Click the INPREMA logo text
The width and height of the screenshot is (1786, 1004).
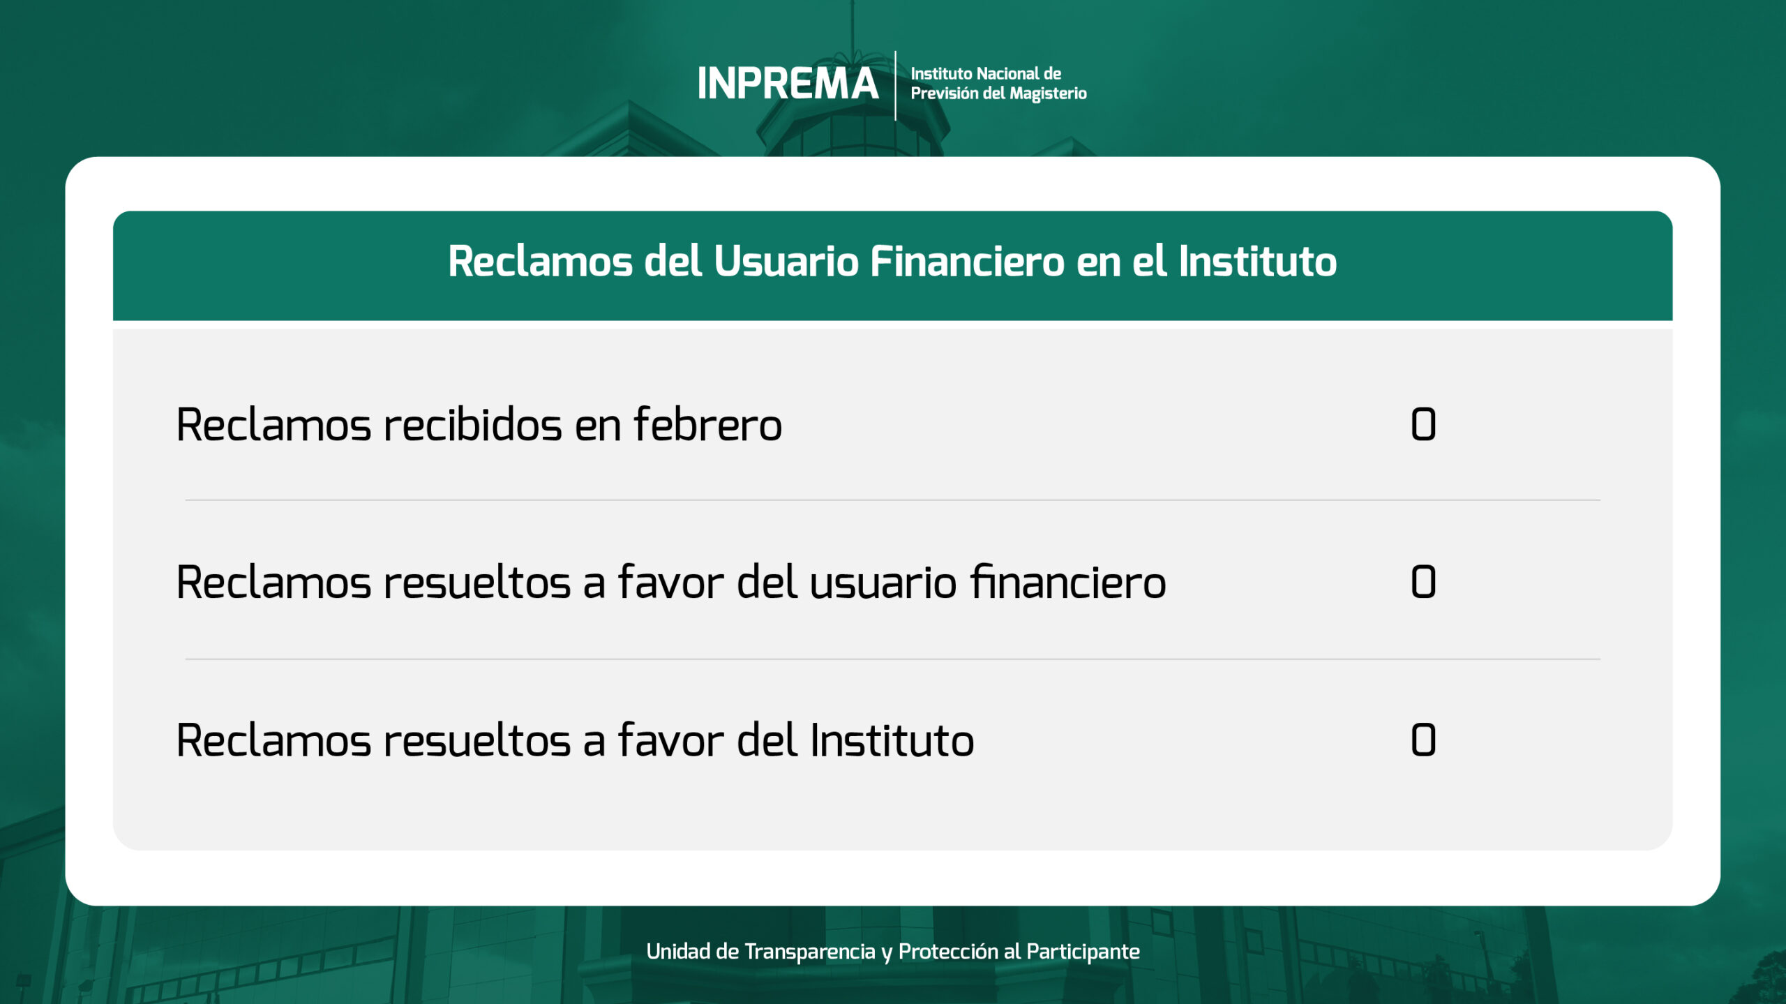788,84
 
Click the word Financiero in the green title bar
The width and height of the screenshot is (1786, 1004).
967,262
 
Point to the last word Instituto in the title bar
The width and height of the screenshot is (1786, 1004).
1257,262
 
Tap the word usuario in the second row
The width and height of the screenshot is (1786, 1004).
883,583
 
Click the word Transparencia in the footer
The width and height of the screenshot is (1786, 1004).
809,951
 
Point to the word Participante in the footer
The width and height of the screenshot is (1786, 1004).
1083,952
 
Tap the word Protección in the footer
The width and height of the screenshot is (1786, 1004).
948,952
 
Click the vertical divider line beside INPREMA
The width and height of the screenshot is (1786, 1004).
895,85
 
